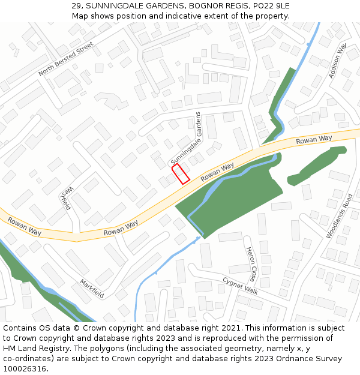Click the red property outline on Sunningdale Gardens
point(181,173)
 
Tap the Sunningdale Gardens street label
point(185,139)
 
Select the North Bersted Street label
point(66,59)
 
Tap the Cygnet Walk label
point(240,285)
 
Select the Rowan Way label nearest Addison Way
point(314,140)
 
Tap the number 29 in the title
point(76,5)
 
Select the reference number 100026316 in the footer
point(25,369)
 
